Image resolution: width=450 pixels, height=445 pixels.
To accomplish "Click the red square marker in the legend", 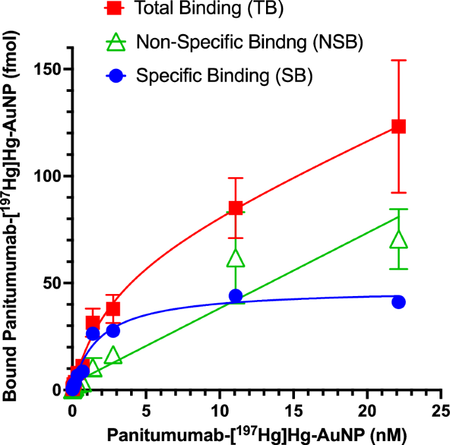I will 116,10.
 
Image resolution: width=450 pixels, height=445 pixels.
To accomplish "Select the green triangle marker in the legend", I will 116,43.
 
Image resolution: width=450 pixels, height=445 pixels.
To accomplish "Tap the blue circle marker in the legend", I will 116,76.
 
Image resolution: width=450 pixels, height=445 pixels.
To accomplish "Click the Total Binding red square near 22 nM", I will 398,127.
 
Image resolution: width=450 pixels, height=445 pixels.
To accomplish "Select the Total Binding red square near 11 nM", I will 236,208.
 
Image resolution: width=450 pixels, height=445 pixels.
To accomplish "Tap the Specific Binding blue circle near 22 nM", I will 398,302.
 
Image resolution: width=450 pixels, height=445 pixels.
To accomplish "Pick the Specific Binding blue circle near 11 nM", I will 236,296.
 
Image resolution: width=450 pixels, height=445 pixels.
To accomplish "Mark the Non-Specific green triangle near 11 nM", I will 236,258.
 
